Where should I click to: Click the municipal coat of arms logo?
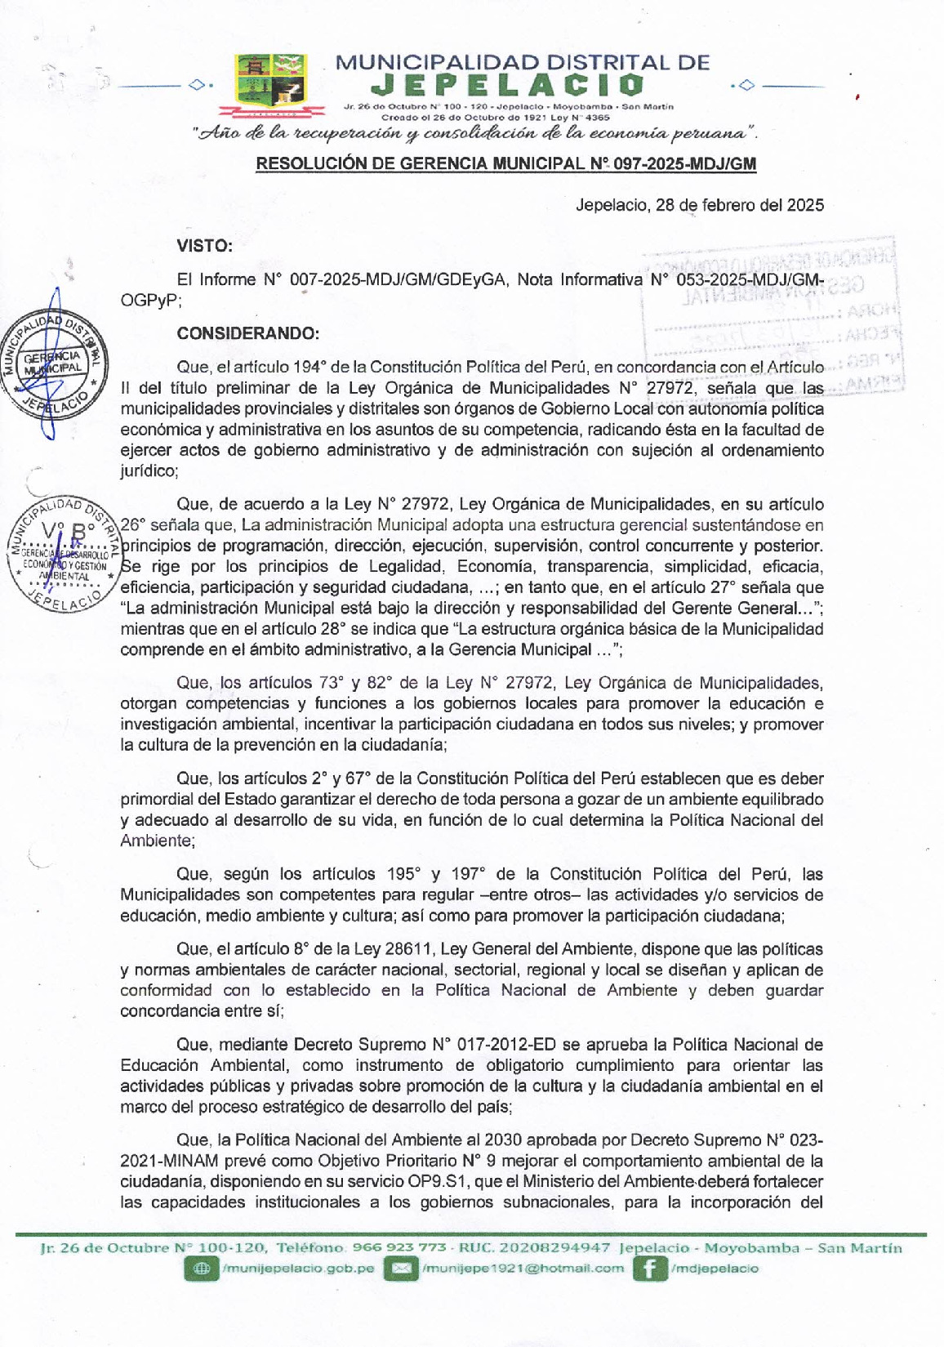269,79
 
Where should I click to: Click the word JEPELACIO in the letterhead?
507,85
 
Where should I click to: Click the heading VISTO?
204,245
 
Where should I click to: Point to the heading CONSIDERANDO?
247,333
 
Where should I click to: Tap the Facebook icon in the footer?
649,1269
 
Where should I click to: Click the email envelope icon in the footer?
400,1269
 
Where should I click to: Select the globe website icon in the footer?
200,1269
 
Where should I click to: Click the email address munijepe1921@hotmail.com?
523,1269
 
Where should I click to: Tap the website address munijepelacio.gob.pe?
298,1269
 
